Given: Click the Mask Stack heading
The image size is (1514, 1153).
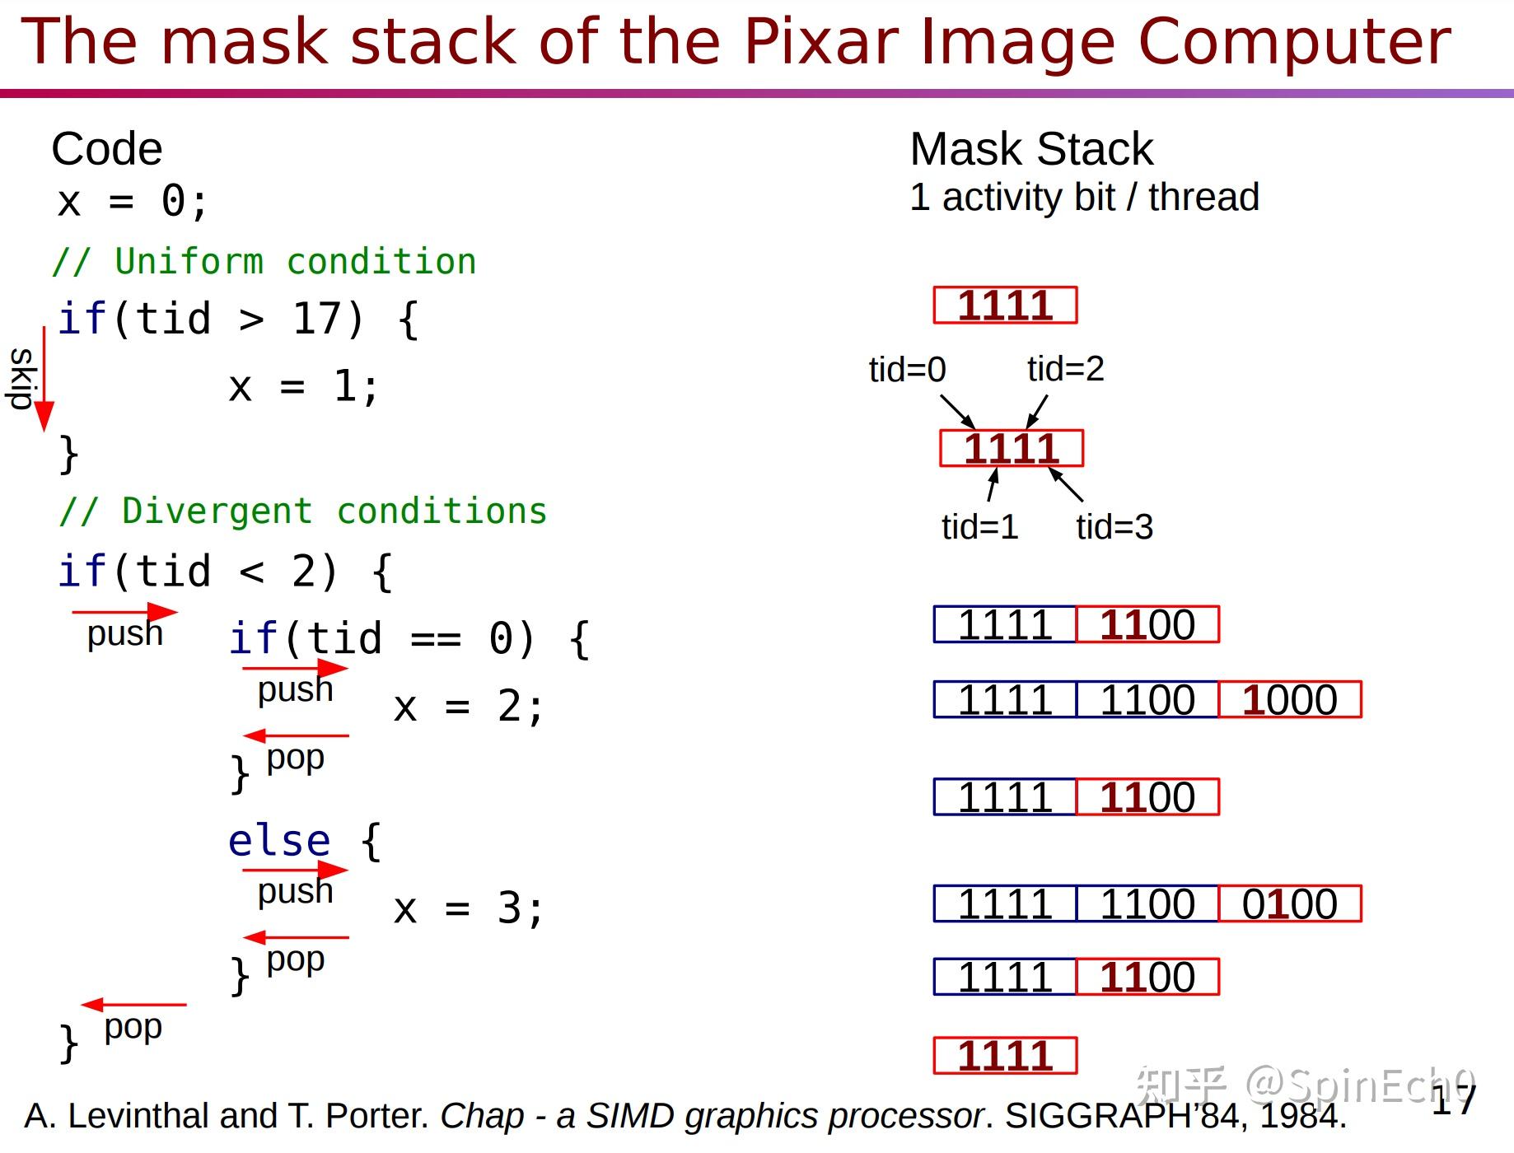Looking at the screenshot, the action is click(1031, 149).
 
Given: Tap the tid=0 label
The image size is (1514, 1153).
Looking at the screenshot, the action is click(907, 369).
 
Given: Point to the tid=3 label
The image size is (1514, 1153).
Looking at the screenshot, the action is click(1114, 526).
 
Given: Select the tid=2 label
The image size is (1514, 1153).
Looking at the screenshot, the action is click(1065, 368).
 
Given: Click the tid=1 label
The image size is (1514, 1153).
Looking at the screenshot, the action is click(979, 526).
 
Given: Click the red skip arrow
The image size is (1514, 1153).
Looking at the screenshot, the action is click(44, 379).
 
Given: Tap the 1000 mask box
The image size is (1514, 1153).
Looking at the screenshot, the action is click(1289, 699).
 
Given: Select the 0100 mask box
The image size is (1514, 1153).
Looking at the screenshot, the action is click(1289, 903).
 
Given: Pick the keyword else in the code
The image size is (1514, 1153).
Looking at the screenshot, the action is click(279, 841).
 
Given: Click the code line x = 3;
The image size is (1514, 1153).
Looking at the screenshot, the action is click(469, 909).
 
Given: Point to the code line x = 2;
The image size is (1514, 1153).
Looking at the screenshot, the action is click(469, 707).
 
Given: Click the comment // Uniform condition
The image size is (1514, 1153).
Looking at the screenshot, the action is click(264, 261).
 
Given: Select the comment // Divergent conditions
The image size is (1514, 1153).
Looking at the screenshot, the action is click(303, 511).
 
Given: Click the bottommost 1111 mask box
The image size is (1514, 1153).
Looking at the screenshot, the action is click(1005, 1056).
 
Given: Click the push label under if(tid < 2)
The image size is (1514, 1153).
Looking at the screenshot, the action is click(125, 633).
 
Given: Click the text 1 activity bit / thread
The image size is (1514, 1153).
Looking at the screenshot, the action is click(1084, 197).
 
